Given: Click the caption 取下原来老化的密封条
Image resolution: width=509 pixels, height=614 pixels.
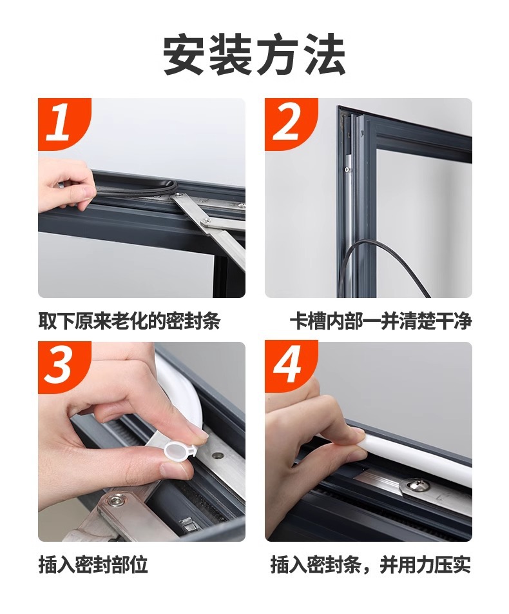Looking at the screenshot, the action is (130, 321).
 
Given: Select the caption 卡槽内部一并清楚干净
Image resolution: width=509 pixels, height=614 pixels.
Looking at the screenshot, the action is (381, 321).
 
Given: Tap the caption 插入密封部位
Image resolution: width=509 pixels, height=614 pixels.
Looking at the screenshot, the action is (93, 565).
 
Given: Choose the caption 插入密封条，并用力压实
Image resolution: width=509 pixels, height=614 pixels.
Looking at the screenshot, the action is (371, 565).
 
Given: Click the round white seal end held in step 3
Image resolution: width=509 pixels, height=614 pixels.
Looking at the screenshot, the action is (177, 452).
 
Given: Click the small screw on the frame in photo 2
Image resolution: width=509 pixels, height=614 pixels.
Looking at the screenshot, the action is (347, 170).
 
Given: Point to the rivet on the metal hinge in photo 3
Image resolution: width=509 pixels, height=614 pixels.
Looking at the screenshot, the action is (117, 502).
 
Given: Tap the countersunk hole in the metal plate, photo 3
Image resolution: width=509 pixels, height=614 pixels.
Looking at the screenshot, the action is (217, 456).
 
